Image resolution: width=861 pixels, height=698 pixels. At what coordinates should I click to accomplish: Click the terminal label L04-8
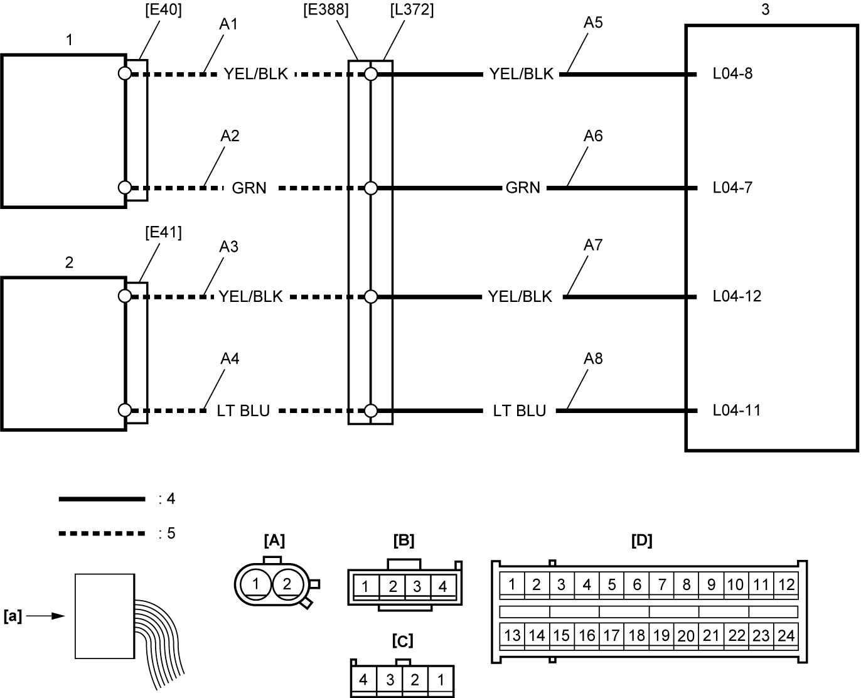click(x=732, y=73)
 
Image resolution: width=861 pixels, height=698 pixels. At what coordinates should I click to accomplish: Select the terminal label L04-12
click(x=737, y=296)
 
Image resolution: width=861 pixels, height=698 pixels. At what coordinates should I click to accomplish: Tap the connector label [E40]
click(x=163, y=10)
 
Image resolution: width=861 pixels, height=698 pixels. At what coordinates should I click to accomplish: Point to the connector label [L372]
click(x=412, y=10)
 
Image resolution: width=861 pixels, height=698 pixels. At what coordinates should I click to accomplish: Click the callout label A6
click(x=593, y=136)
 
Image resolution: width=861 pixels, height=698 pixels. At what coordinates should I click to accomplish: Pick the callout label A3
click(x=229, y=247)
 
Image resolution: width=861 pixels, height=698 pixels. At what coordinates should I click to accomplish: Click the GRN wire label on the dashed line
click(x=249, y=188)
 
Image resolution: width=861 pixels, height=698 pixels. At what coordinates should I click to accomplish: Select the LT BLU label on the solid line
click(x=520, y=411)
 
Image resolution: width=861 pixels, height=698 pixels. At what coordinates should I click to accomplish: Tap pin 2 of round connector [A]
click(x=287, y=584)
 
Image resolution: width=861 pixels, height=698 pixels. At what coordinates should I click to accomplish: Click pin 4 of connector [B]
click(x=443, y=586)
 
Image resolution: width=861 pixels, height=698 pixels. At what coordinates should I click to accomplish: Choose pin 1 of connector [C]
click(x=441, y=679)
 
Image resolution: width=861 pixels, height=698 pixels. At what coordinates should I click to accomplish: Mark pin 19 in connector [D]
click(x=661, y=636)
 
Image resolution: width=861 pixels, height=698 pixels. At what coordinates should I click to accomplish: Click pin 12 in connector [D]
click(x=786, y=584)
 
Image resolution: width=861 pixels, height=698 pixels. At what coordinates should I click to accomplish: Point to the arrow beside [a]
click(x=45, y=616)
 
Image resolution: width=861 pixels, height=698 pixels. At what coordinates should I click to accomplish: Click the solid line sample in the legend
click(x=102, y=499)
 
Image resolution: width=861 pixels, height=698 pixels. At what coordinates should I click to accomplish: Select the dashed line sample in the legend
click(x=102, y=534)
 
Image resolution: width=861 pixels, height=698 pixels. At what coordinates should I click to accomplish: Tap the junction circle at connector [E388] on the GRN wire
click(x=371, y=188)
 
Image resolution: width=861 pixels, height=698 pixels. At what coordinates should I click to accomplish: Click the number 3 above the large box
click(x=765, y=9)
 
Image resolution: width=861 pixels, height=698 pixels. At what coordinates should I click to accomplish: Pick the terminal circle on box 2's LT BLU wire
click(x=125, y=411)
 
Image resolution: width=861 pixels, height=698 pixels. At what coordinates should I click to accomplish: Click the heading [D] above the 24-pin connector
click(x=642, y=540)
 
